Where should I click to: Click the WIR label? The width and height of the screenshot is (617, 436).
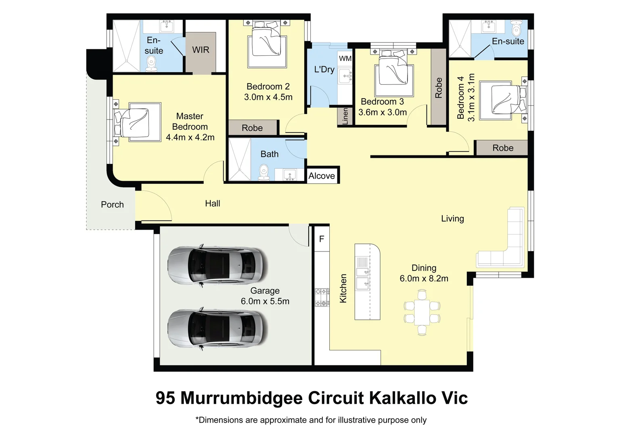pos(201,50)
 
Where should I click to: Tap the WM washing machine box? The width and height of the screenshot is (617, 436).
pos(345,59)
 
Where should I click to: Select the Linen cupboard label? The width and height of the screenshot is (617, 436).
pos(345,116)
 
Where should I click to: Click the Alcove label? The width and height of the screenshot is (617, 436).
pos(322,176)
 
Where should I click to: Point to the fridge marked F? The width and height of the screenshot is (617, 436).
pos(322,239)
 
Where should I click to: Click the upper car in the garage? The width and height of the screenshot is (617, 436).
pos(217,265)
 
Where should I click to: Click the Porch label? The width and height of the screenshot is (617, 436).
pos(112,205)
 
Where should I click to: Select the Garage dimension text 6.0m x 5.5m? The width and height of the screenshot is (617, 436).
pos(265,301)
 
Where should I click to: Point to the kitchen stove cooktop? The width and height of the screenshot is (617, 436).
pos(322,297)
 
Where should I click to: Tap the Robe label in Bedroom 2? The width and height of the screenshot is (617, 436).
pos(252,128)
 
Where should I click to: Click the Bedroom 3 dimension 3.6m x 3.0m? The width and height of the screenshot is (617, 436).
pos(383,112)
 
